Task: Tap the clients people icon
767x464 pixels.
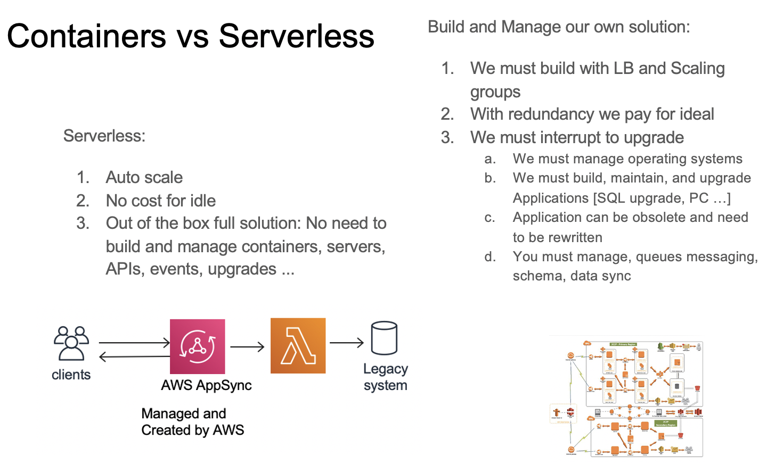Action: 71,343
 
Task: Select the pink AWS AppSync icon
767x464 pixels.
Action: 197,346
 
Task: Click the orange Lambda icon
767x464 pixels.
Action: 298,345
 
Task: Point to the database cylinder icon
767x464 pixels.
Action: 384,338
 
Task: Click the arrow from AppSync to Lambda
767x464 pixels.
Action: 247,347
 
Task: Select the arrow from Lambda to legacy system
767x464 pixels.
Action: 346,343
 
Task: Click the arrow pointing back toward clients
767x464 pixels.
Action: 134,357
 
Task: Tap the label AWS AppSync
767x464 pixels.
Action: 206,385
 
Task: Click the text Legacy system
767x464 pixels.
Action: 385,377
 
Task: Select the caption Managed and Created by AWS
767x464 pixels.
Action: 192,421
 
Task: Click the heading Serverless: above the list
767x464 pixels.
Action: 104,136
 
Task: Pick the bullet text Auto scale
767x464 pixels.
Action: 144,177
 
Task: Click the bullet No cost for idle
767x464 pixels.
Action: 160,201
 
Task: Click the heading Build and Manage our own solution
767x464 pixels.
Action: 559,27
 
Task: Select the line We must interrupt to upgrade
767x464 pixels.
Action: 577,137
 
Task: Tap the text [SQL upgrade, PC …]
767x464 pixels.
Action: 662,198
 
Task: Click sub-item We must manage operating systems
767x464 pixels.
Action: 627,159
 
